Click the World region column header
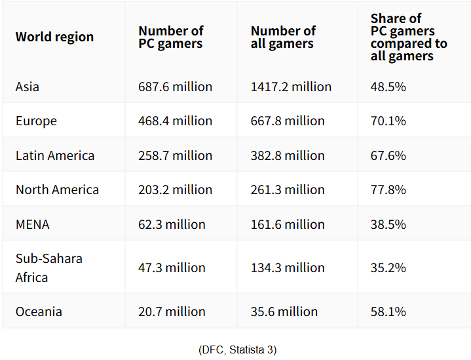[54, 37]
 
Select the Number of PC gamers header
[171, 37]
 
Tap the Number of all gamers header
[283, 37]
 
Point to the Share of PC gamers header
[409, 37]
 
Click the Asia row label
[28, 87]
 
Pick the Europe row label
[36, 121]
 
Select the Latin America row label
[55, 155]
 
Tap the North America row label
[57, 190]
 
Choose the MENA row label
[32, 224]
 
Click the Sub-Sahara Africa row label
[49, 268]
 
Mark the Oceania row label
[38, 311]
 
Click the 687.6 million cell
[175, 87]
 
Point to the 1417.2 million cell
[291, 87]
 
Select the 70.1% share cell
[388, 121]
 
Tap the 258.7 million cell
[175, 155]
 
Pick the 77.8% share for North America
[388, 190]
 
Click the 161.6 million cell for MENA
[288, 224]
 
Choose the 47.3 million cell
[172, 268]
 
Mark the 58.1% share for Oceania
[388, 311]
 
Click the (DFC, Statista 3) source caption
[237, 350]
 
